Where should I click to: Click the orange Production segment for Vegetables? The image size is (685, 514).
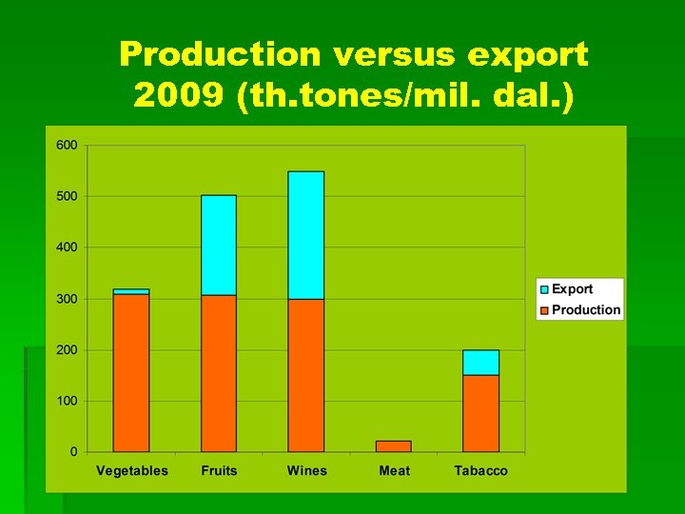coord(131,372)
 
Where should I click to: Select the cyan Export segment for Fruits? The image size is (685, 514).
coord(219,245)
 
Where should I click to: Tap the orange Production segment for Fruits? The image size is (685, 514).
coord(219,372)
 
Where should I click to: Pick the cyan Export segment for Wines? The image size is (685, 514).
coord(305,235)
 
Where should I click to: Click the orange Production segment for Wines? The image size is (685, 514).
coord(305,375)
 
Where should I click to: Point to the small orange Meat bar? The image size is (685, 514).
coord(394,445)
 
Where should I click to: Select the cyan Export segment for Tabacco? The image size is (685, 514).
coord(480,362)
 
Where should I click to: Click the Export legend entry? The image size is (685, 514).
coord(572,289)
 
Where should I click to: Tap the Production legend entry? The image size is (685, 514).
coord(585,309)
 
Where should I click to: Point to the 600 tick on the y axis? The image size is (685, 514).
coord(67,146)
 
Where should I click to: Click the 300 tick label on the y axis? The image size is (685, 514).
coord(67,299)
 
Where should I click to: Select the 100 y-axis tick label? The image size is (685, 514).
coord(67,401)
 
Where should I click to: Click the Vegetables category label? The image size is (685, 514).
coord(131,471)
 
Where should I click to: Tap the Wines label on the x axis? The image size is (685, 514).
coord(306,471)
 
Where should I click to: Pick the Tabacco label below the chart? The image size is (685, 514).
coord(480,471)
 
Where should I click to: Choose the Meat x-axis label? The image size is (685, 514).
coord(394,471)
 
